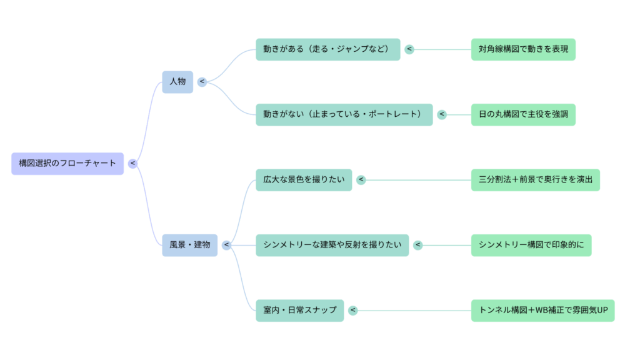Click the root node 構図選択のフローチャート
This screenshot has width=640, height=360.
67,164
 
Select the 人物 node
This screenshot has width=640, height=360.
177,82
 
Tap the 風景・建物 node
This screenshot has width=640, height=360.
190,245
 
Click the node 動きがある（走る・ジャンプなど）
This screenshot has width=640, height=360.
327,49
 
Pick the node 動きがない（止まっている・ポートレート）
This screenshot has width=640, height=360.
344,115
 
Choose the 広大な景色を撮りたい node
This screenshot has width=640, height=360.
304,180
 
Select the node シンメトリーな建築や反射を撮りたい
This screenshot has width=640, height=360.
332,245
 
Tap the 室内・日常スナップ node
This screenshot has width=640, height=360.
299,311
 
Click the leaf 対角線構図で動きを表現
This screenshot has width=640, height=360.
523,49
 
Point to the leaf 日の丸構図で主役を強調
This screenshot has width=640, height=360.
523,115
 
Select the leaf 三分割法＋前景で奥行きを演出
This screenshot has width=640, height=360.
535,180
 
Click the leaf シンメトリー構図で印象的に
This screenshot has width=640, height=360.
531,245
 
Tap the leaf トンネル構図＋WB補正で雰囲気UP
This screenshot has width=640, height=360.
542,311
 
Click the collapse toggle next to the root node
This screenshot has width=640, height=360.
132,164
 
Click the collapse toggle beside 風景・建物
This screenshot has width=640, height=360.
226,245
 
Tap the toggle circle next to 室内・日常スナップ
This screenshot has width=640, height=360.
353,311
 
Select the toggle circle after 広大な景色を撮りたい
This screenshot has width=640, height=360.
361,180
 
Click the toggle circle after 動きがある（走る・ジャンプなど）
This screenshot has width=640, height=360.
409,49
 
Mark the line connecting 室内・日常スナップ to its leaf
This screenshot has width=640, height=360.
412,311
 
